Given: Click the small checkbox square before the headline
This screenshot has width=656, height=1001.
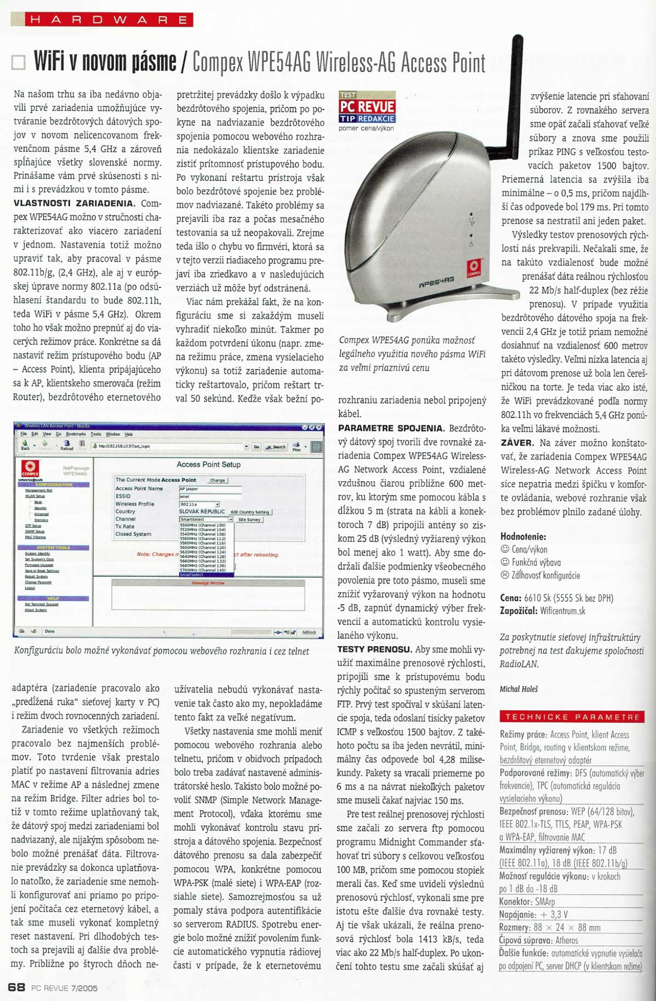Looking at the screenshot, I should point(18,63).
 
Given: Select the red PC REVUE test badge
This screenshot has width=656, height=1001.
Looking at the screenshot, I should point(367,107).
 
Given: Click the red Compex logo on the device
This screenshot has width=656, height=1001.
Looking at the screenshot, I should point(473,267).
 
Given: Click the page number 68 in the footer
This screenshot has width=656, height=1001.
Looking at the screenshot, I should point(17,987).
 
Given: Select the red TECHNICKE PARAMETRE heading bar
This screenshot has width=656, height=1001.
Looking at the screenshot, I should point(572,717).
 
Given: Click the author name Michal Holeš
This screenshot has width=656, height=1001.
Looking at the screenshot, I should point(519,689).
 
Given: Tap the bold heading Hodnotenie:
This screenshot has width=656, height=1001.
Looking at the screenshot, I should point(523,537).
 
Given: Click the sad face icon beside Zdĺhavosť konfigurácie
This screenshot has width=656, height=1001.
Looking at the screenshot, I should point(505,575).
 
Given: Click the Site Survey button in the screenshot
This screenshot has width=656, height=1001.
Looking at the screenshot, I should point(249,520).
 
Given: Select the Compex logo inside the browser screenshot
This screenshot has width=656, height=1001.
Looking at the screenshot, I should point(31,469).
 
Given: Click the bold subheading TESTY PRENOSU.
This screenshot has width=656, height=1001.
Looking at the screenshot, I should point(374,649).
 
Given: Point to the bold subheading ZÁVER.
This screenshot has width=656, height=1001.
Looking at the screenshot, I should point(517,443).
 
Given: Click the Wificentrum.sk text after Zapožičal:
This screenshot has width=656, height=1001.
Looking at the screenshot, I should point(563,611).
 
